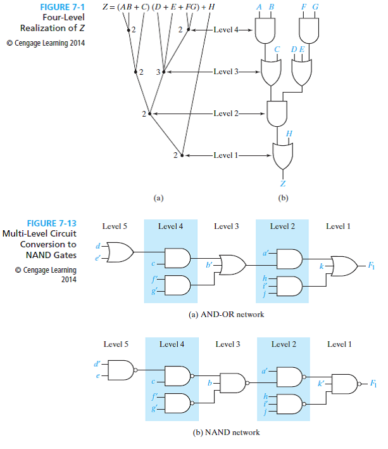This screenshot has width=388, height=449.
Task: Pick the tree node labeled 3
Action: [163, 72]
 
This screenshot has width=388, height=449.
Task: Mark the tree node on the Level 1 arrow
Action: [182, 155]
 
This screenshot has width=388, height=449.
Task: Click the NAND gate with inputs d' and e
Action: [122, 370]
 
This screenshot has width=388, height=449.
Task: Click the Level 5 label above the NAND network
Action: [116, 344]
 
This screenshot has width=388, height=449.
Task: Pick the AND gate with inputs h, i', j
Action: [287, 285]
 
